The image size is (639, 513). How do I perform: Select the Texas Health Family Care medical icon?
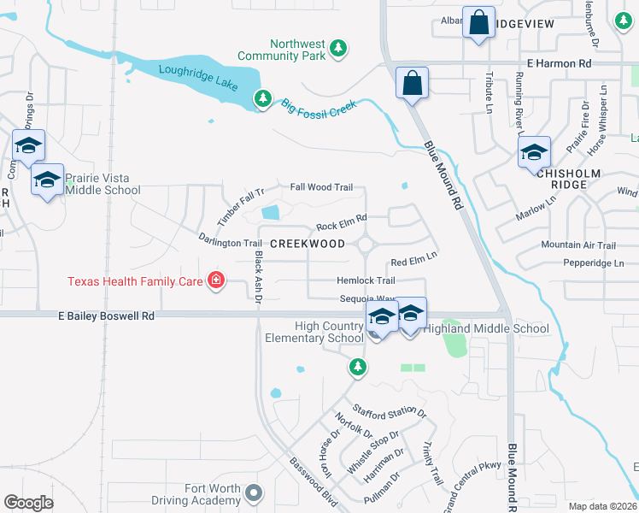(216, 280)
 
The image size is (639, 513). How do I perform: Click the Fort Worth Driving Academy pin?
(252, 492)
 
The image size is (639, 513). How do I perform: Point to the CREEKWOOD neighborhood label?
(308, 244)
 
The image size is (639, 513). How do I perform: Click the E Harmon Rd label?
(559, 63)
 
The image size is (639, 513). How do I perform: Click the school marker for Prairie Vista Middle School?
(48, 180)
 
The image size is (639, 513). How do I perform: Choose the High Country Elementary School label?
(329, 332)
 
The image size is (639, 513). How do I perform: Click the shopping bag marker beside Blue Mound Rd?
(412, 83)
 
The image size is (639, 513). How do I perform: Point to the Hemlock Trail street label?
(366, 280)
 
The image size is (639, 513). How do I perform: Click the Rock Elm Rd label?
(341, 223)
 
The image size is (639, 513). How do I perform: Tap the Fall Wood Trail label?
(321, 187)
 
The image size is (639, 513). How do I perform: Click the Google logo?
(28, 503)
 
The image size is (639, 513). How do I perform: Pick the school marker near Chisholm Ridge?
(534, 152)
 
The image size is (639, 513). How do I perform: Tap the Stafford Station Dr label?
(389, 413)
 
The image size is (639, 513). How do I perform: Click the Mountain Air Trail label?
(577, 245)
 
